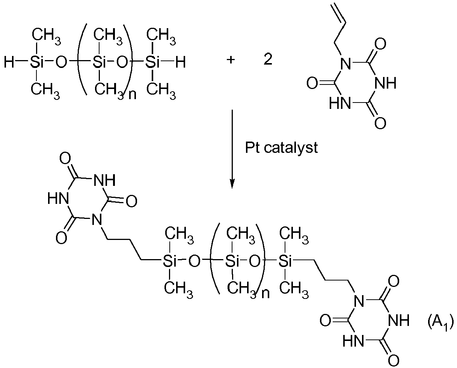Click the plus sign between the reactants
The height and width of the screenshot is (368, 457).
pyautogui.click(x=231, y=60)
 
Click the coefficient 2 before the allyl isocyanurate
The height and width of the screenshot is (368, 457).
pyautogui.click(x=268, y=59)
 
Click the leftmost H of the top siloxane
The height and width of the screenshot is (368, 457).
pyautogui.click(x=9, y=62)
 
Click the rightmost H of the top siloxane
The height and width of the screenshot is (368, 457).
pyautogui.click(x=181, y=62)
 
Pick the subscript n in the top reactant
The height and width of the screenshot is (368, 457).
pyautogui.click(x=133, y=95)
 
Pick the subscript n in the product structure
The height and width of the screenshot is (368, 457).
pyautogui.click(x=265, y=294)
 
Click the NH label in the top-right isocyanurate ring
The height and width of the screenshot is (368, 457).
pyautogui.click(x=385, y=83)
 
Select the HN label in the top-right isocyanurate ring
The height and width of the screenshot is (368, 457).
pyautogui.click(x=340, y=103)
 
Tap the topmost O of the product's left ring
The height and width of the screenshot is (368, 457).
pyautogui.click(x=65, y=158)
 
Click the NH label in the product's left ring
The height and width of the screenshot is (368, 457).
pyautogui.click(x=104, y=180)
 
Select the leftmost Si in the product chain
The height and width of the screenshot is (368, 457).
pyautogui.click(x=170, y=261)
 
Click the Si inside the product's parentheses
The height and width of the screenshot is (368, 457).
pyautogui.click(x=232, y=261)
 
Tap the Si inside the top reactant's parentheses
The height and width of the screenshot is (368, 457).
pyautogui.click(x=99, y=62)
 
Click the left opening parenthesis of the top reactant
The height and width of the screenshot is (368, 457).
pyautogui.click(x=82, y=59)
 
